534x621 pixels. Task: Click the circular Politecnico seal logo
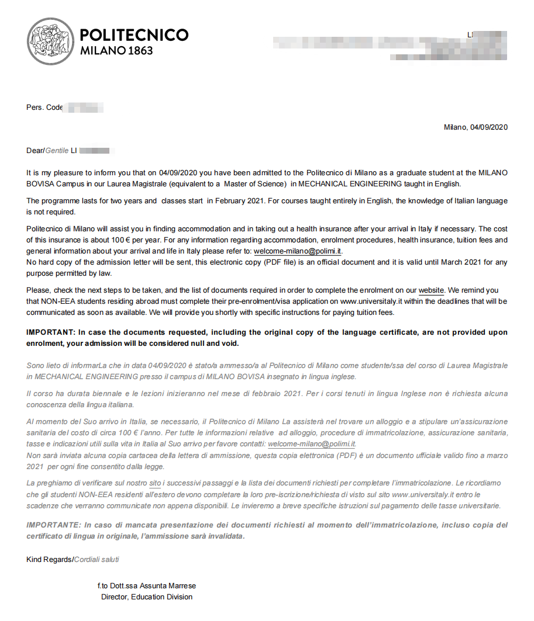pos(51,41)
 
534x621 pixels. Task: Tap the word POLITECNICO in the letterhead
pos(134,35)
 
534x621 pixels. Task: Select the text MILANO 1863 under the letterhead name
pos(116,51)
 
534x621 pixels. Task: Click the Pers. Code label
pos(44,107)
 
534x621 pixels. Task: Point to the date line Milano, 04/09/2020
pos(476,127)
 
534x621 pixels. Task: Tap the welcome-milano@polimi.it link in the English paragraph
pos(298,251)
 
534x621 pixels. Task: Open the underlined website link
pos(432,290)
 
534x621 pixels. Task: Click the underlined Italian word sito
pos(155,483)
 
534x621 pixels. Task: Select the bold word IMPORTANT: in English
pos(50,332)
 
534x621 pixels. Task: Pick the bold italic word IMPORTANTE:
pos(53,525)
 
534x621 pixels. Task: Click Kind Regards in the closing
pos(49,559)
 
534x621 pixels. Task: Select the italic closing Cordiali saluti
pos(97,559)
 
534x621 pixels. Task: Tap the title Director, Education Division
pos(147,596)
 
